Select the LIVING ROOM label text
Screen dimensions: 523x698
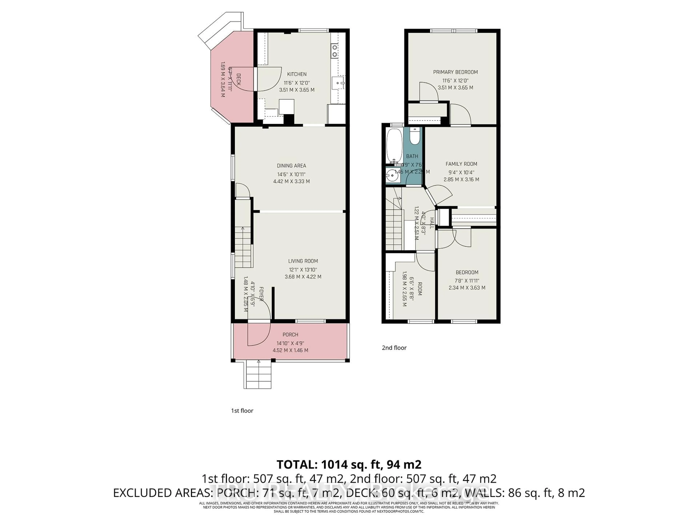pyautogui.click(x=303, y=261)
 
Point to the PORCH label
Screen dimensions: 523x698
pyautogui.click(x=290, y=335)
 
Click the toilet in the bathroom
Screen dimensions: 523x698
pyautogui.click(x=415, y=137)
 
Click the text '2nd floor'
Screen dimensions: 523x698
pyautogui.click(x=394, y=348)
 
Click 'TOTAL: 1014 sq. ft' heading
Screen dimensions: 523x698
pyautogui.click(x=349, y=464)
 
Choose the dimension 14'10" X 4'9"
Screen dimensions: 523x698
pyautogui.click(x=290, y=343)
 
